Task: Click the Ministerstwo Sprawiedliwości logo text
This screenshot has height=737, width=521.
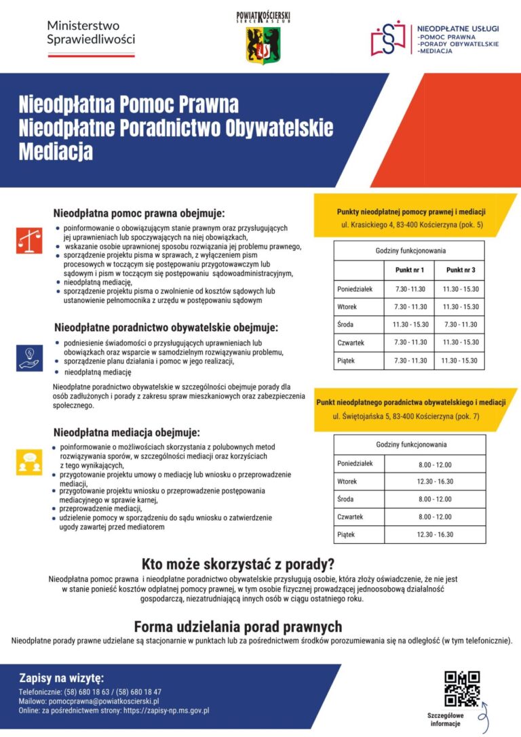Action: point(91,32)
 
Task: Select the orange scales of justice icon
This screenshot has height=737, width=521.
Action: point(29,239)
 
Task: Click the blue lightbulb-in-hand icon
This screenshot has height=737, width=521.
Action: point(29,357)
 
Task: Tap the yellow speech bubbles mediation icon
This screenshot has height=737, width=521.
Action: point(29,462)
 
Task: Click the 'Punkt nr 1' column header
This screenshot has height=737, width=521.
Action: point(410,270)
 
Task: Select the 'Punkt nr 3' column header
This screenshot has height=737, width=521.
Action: point(460,270)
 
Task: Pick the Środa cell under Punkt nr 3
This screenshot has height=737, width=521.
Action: point(460,325)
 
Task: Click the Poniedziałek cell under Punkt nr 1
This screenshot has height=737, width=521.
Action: point(410,290)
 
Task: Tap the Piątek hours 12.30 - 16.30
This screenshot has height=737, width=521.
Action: point(435,534)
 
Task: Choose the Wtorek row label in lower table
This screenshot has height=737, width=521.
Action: point(347,482)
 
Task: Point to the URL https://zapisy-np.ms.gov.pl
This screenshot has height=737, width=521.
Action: point(165,711)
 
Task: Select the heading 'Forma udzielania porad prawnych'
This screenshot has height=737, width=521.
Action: point(238,626)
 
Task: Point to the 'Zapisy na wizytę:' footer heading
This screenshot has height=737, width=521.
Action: point(61,677)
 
